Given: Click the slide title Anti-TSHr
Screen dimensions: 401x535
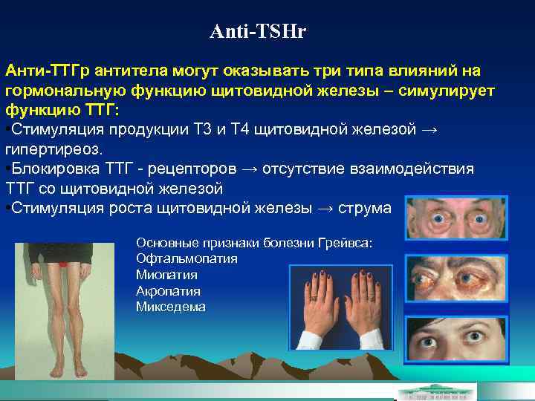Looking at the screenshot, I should tap(258, 32).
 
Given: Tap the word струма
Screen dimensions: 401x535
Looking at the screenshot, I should tap(364, 208).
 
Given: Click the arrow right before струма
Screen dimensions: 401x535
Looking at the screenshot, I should tap(324, 208).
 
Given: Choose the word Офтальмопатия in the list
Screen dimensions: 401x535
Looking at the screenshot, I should tap(187, 258).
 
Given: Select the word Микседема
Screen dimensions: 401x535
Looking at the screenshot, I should tap(171, 307).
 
